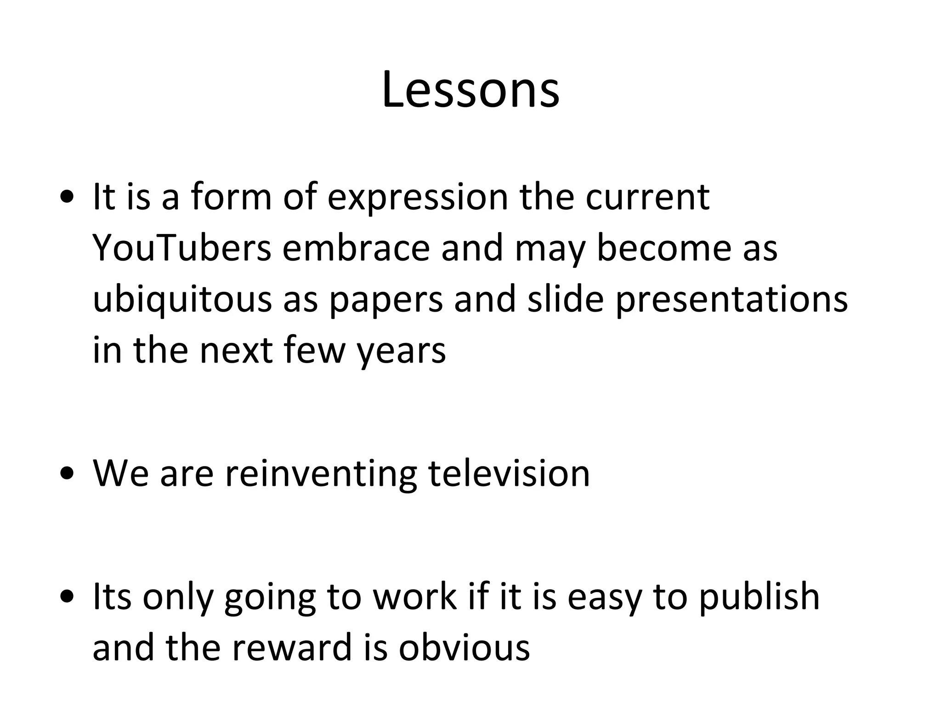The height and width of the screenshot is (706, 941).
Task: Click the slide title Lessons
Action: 470,90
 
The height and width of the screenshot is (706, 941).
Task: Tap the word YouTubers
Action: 182,248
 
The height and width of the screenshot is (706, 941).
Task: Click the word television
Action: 509,473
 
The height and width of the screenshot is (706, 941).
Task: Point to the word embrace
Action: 356,248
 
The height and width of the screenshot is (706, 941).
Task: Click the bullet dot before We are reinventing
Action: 67,474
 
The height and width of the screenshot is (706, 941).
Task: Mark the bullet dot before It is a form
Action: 67,198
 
